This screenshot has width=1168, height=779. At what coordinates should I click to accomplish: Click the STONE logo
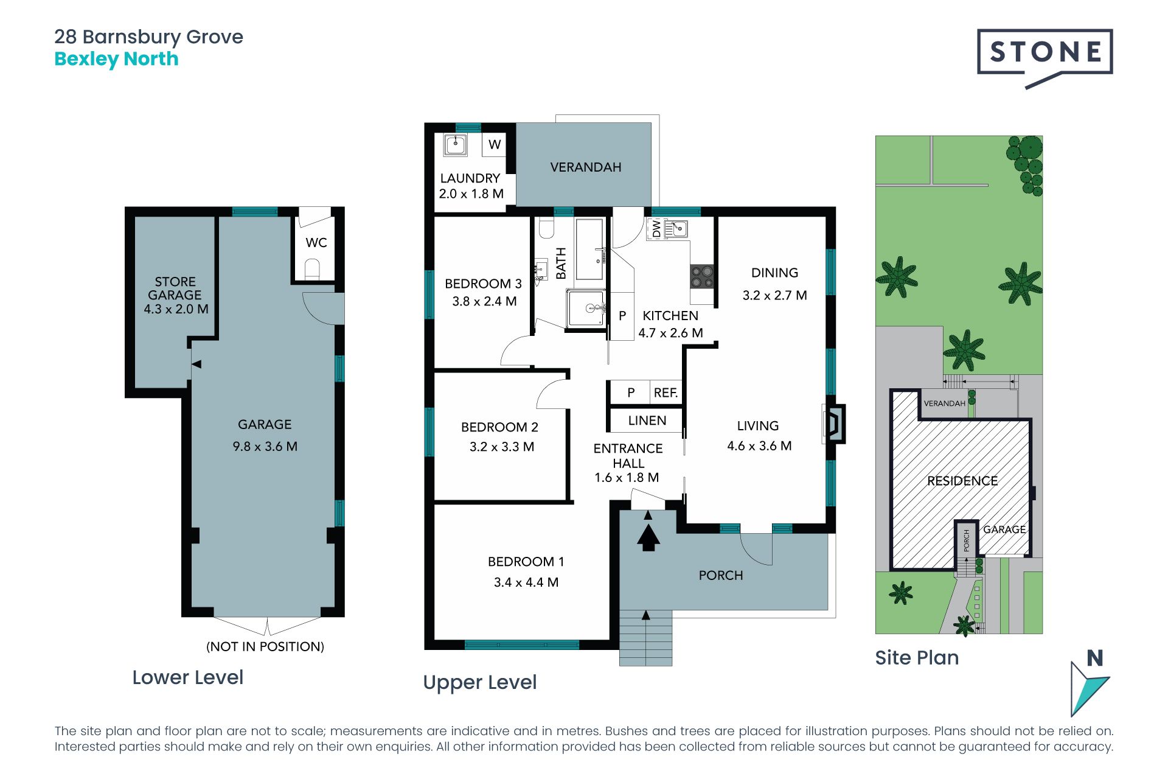[1045, 58]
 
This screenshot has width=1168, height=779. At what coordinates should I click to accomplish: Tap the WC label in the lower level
[316, 243]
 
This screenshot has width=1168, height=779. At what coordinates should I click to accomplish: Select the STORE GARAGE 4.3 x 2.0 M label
[176, 295]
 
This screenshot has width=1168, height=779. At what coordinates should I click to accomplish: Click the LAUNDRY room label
[470, 178]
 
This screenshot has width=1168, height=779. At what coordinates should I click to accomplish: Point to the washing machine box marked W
[495, 145]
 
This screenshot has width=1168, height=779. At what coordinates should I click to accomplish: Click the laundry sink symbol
[455, 145]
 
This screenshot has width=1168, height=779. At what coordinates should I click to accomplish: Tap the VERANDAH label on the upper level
[586, 167]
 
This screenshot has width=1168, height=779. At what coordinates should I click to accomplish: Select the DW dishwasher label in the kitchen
[656, 229]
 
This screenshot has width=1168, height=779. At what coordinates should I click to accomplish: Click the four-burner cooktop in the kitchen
[701, 277]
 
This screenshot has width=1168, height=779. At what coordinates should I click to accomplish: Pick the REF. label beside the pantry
[666, 393]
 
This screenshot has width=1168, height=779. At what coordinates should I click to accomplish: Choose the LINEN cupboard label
[647, 421]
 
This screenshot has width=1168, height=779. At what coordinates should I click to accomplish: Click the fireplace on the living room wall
[834, 424]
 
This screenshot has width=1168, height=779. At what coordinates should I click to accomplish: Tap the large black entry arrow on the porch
[648, 537]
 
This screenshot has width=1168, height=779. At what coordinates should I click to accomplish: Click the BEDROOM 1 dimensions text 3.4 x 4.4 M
[526, 582]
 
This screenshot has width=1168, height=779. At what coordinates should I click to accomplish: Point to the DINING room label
[774, 273]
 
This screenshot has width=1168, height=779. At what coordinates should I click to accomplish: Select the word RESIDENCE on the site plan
[962, 481]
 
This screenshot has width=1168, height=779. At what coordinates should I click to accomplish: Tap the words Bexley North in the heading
[116, 59]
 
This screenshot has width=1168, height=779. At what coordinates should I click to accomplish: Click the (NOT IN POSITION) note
[265, 646]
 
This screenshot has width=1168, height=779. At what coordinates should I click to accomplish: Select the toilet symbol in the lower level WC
[312, 269]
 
